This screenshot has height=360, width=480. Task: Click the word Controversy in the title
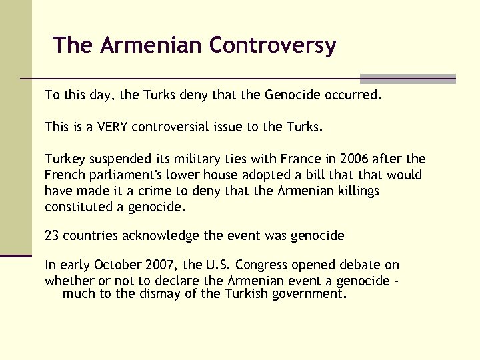point(272,45)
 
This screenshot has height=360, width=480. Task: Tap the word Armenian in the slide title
point(153,45)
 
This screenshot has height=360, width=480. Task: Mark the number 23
point(53,235)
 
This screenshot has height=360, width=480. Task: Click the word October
point(118,266)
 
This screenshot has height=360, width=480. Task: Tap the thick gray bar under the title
point(407,78)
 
